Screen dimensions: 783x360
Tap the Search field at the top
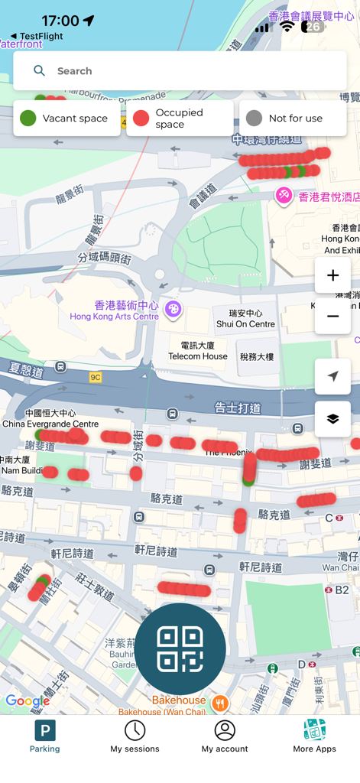[180, 71]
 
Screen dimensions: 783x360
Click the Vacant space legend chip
[66, 119]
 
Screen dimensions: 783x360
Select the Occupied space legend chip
[180, 119]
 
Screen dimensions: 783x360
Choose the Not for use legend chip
[293, 119]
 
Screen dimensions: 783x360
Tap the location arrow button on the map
[332, 376]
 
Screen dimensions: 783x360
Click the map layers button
[332, 419]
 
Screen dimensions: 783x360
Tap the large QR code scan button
[180, 648]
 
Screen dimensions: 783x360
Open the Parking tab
[45, 736]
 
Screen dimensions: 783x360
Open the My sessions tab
[135, 736]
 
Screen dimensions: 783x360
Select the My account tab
[225, 736]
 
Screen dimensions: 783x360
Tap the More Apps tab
[314, 736]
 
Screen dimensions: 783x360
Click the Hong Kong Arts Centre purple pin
[173, 309]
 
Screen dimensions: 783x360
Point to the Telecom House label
[198, 351]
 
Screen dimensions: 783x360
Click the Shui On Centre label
[245, 319]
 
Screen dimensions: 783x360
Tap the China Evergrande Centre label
[50, 419]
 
